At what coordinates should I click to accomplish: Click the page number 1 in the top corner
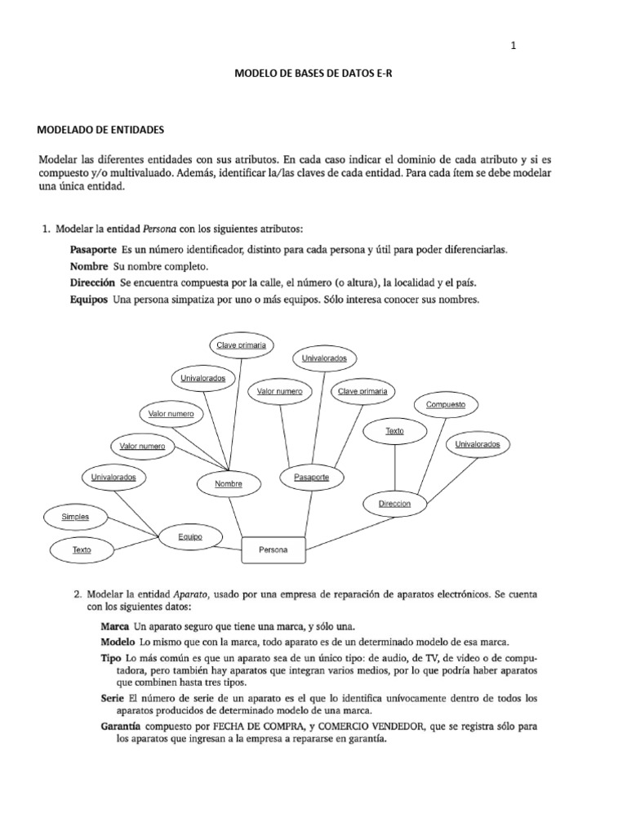[513, 47]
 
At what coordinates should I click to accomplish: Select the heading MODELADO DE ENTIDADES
[102, 130]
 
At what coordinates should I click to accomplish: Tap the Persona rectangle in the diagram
[273, 550]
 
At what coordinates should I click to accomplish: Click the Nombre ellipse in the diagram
[229, 484]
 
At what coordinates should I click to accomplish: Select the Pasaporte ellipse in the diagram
[310, 476]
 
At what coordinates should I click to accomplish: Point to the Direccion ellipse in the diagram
[394, 505]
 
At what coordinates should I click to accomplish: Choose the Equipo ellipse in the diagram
[189, 536]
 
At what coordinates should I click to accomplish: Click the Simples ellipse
[75, 517]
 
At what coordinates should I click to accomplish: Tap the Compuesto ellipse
[446, 404]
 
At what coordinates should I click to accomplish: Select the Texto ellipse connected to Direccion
[394, 430]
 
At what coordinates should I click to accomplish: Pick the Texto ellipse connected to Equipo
[82, 550]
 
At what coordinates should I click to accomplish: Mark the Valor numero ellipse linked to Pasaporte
[279, 392]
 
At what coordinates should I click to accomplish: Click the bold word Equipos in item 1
[89, 300]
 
